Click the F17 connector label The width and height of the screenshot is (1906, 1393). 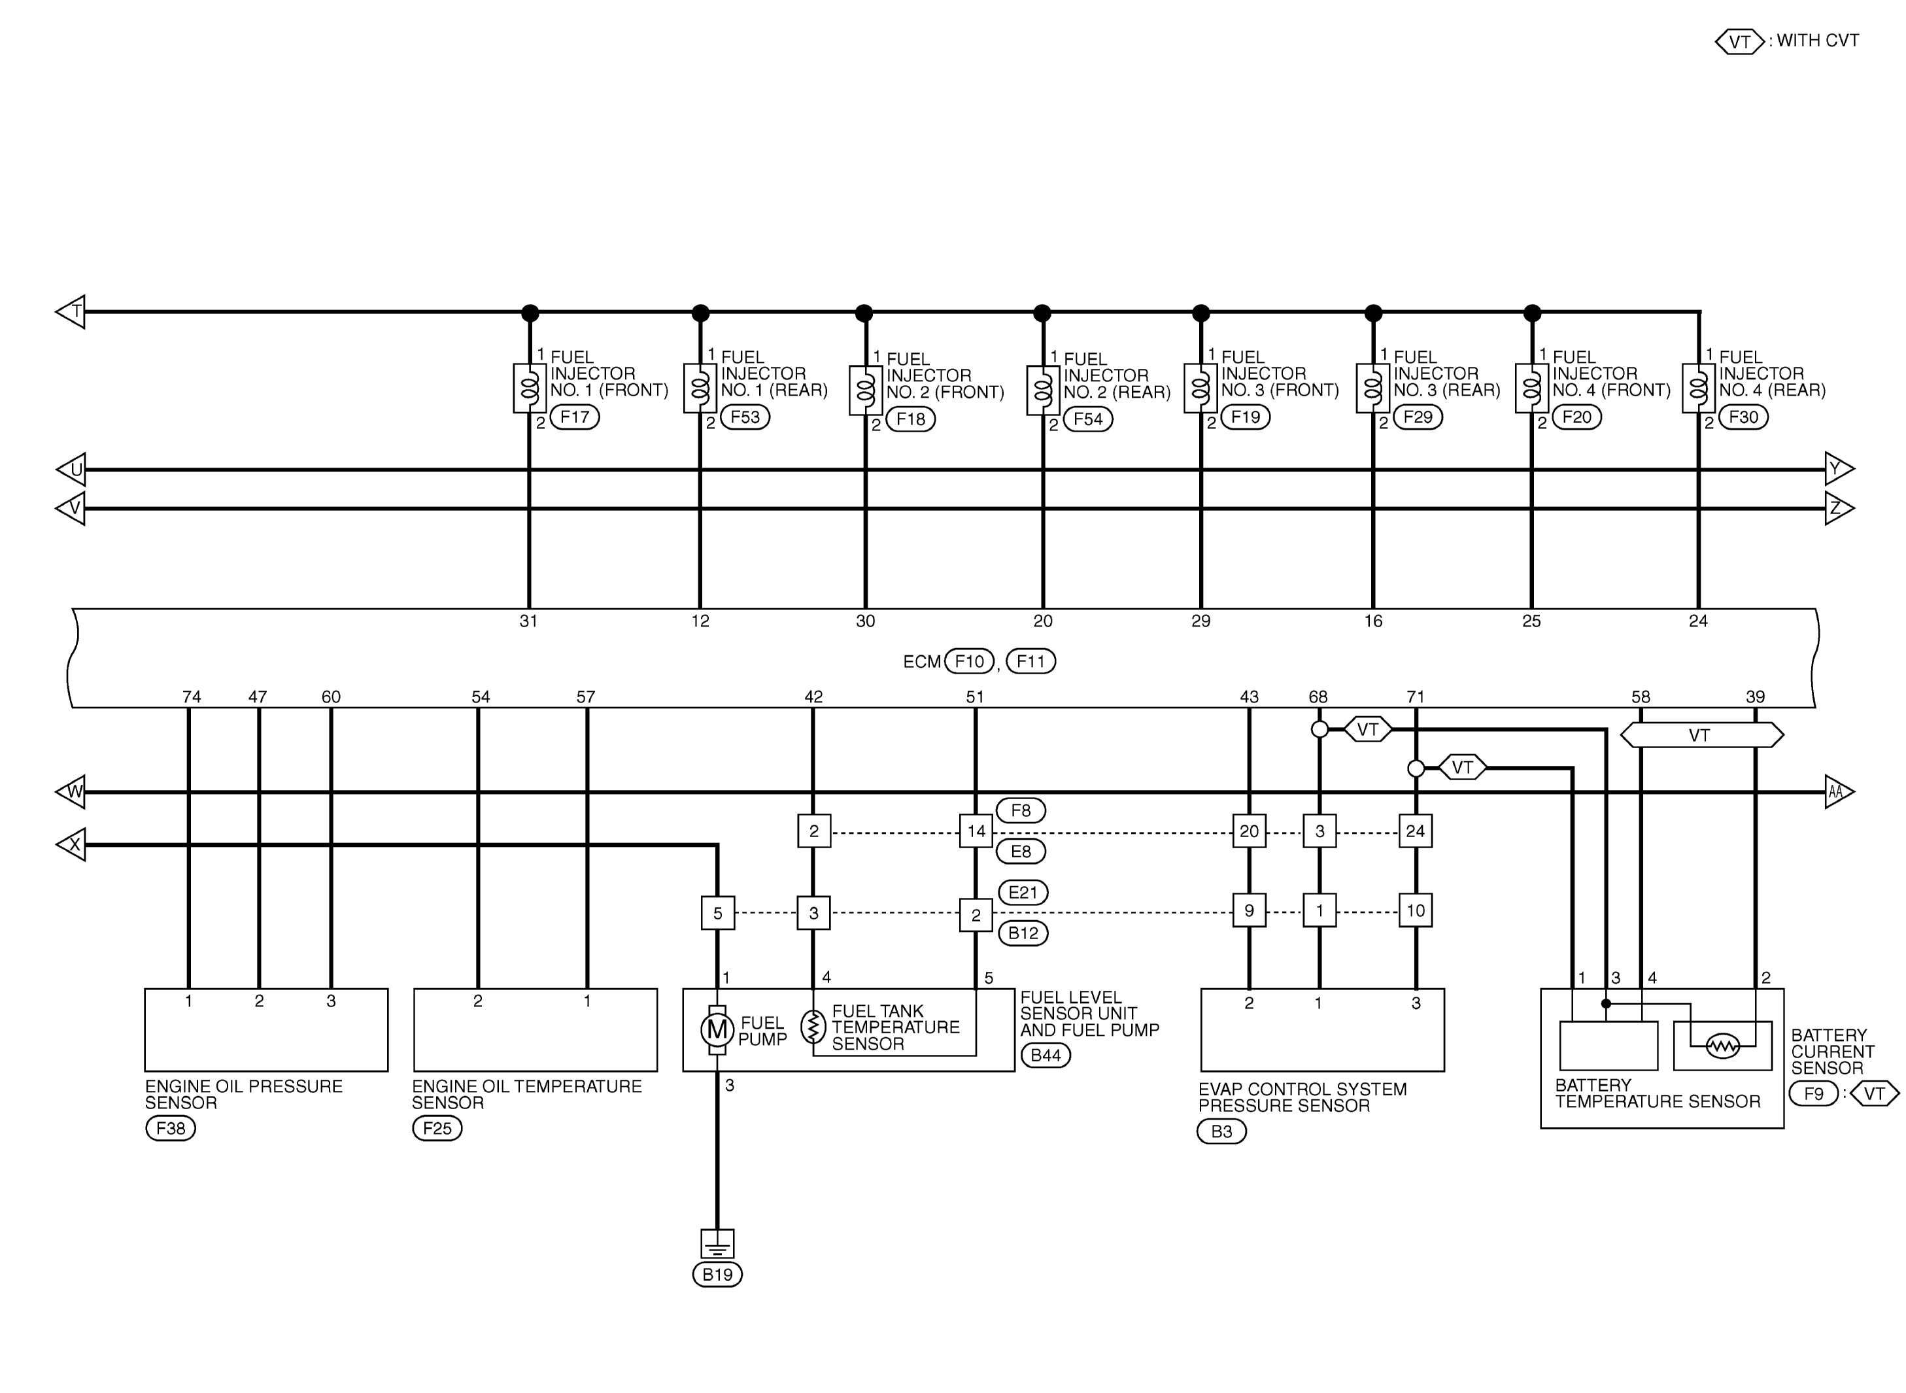pyautogui.click(x=574, y=417)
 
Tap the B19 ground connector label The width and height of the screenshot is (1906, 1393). pyautogui.click(x=717, y=1274)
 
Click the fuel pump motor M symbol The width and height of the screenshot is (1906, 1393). pyautogui.click(x=717, y=1029)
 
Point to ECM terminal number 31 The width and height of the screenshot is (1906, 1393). pyautogui.click(x=528, y=621)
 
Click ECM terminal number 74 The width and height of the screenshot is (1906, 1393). pyautogui.click(x=192, y=697)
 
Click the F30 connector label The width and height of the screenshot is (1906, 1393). pyautogui.click(x=1743, y=417)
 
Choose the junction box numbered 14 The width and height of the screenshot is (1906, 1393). pyautogui.click(x=976, y=831)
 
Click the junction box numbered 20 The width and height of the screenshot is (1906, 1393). pyautogui.click(x=1248, y=831)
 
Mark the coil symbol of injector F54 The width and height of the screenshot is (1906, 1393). pyautogui.click(x=1043, y=390)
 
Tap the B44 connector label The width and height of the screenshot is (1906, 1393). pyautogui.click(x=1046, y=1056)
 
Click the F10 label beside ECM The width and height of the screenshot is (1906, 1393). pyautogui.click(x=970, y=662)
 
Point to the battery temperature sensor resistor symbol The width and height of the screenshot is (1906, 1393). pyautogui.click(x=1722, y=1046)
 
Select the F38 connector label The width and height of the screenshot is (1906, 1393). pyautogui.click(x=170, y=1128)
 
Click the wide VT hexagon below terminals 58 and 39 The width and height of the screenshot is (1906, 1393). pyautogui.click(x=1700, y=735)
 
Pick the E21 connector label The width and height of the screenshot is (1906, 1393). pyautogui.click(x=1023, y=893)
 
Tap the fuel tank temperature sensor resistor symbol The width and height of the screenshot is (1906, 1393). pyautogui.click(x=813, y=1027)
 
